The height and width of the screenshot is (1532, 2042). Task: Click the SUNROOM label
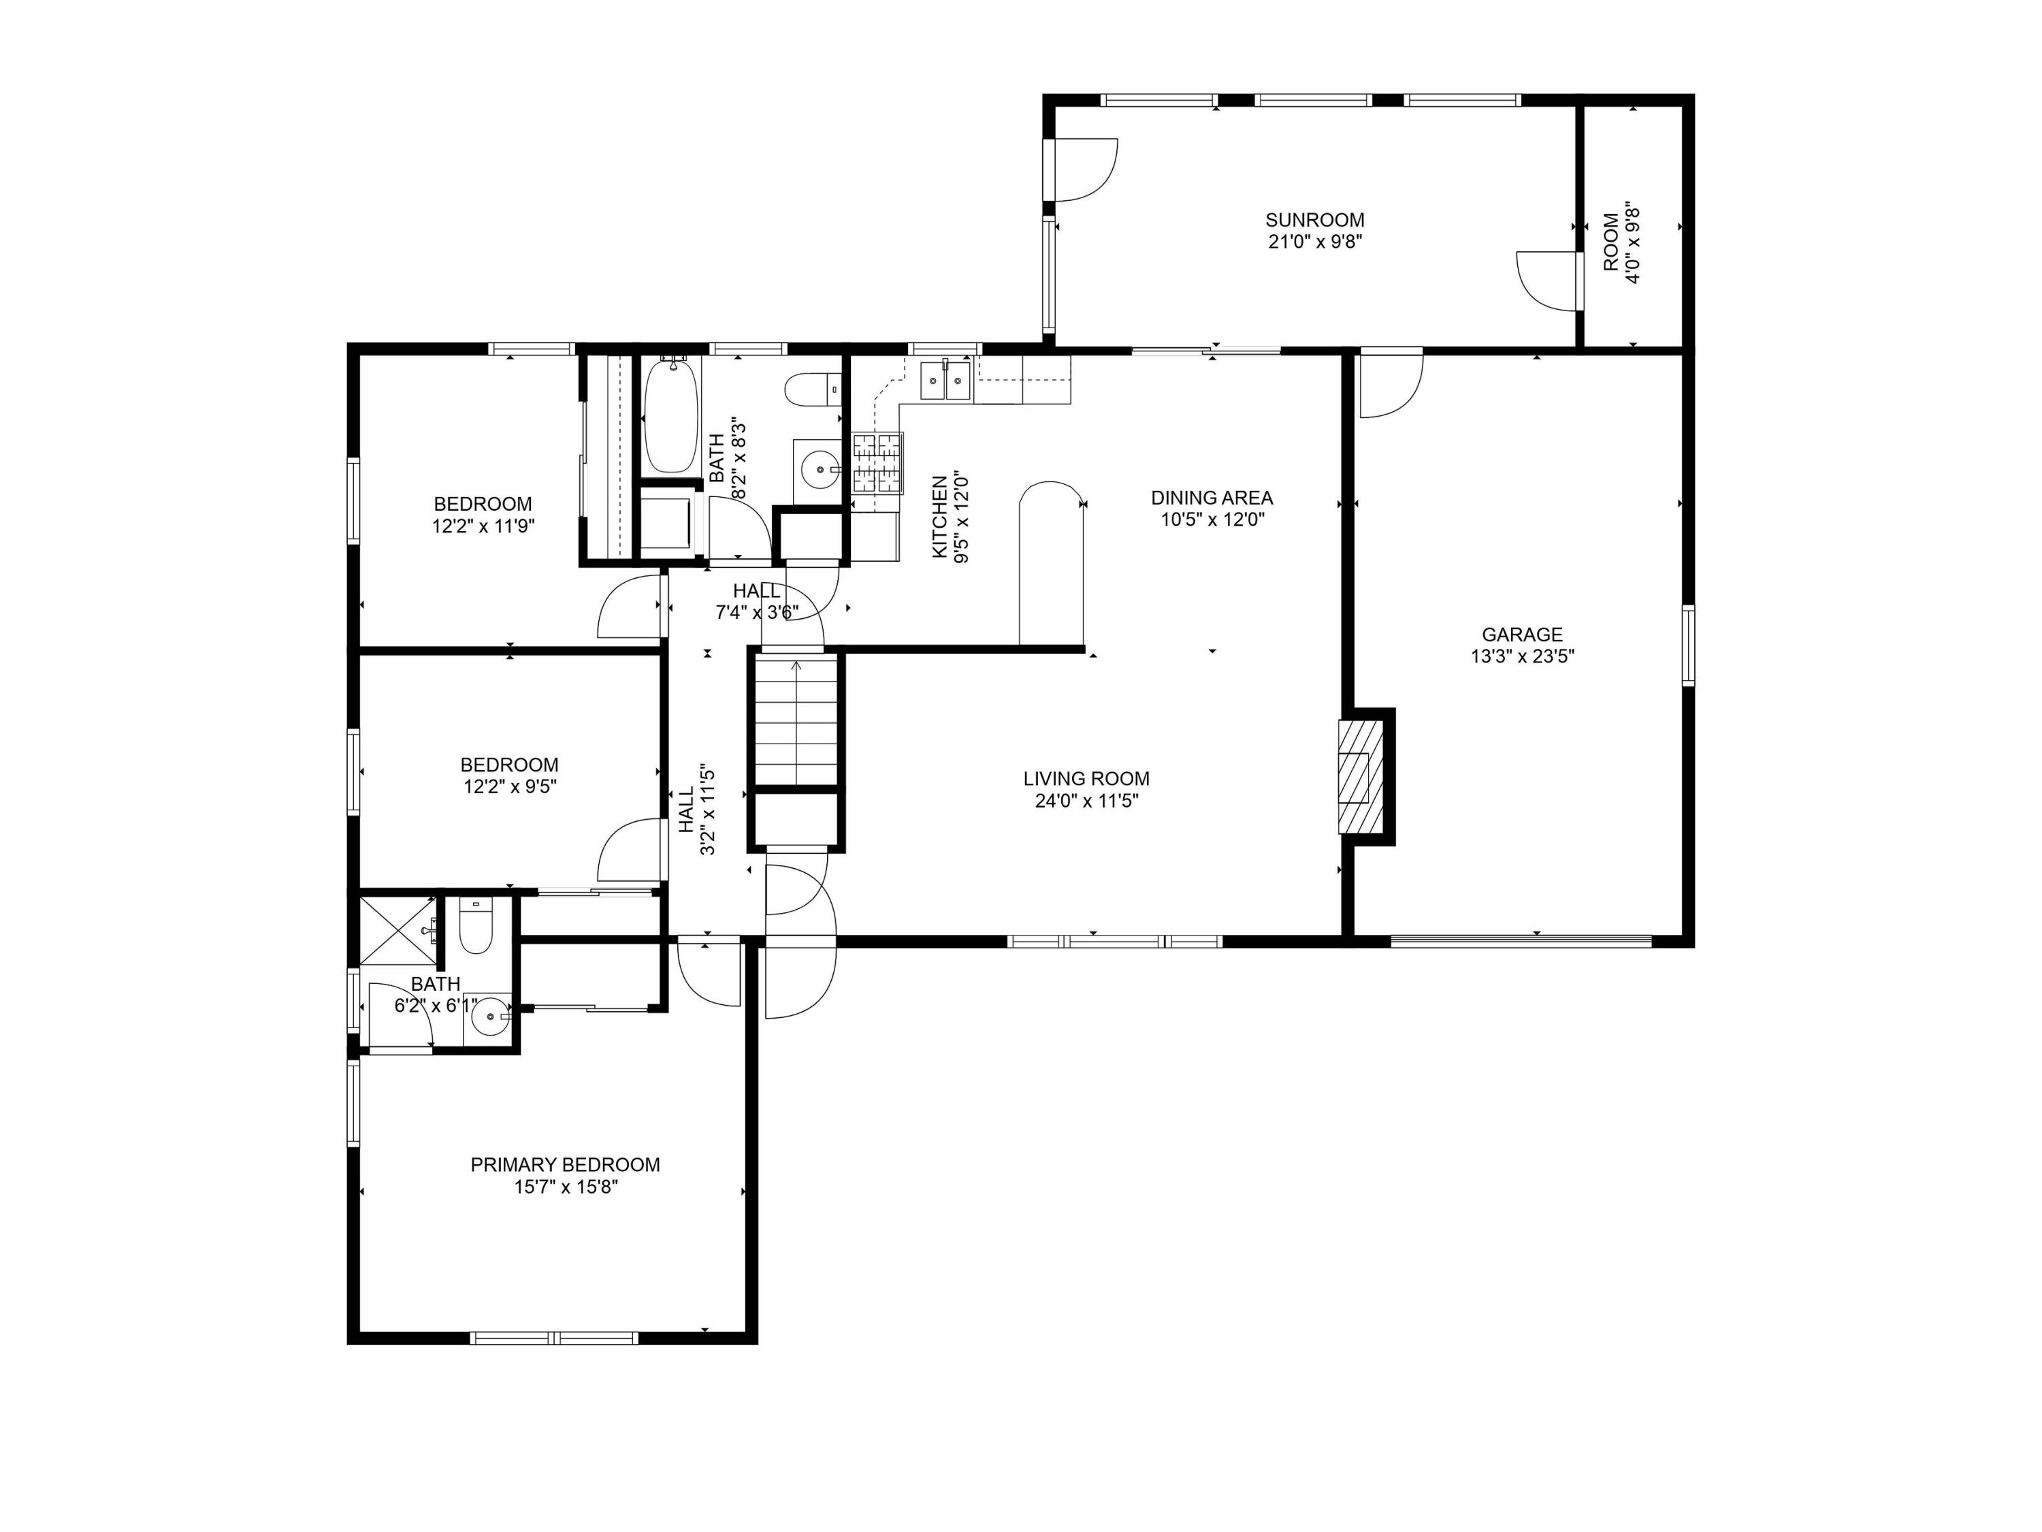click(1314, 220)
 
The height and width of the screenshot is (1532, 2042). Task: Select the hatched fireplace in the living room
click(1361, 777)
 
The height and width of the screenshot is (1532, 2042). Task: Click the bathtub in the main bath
click(669, 415)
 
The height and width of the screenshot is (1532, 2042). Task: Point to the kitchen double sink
click(946, 381)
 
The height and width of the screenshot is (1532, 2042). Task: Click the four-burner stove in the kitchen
click(877, 462)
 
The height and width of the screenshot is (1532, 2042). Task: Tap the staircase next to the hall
click(796, 720)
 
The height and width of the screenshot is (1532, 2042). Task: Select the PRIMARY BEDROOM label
click(565, 1164)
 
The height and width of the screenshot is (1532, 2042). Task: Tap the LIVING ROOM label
click(1086, 778)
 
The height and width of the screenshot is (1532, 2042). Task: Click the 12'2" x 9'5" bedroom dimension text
click(510, 787)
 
